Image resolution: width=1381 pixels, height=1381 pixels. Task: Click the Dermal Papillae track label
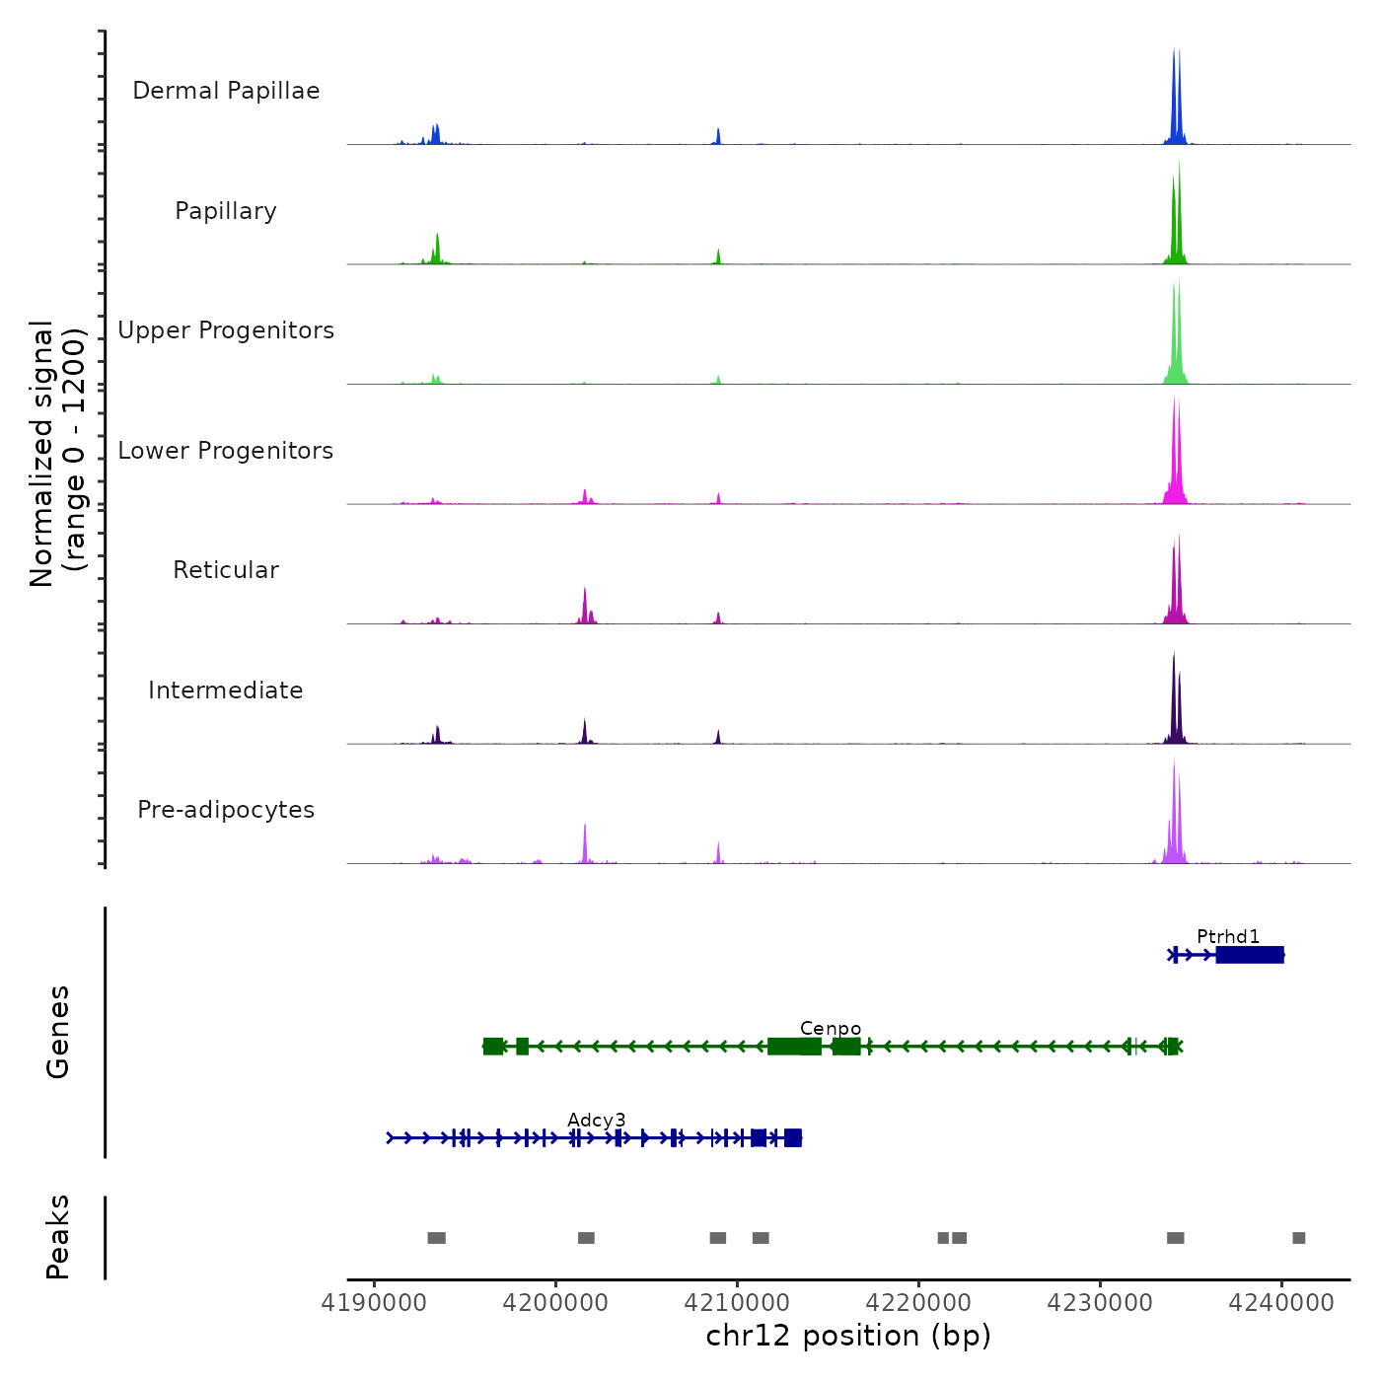tap(226, 91)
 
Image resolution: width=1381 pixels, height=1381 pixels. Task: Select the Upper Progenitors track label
tap(226, 330)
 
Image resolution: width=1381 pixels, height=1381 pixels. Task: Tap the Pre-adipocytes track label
tap(226, 810)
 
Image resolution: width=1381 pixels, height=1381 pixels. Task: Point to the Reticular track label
tap(226, 570)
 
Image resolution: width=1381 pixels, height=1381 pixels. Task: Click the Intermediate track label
tap(226, 690)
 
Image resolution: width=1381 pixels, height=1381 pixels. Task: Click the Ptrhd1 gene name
tap(1228, 936)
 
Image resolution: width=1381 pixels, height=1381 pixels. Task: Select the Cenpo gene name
tap(831, 1028)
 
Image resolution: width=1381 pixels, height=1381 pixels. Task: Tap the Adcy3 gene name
tap(597, 1120)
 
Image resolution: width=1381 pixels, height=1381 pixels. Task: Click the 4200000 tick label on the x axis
tap(555, 1303)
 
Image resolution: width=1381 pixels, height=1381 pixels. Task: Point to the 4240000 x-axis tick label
tap(1281, 1303)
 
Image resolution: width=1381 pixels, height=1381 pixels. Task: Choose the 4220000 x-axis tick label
tap(918, 1303)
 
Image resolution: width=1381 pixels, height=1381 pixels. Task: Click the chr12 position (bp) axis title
tap(848, 1336)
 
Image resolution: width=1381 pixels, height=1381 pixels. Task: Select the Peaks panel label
tap(58, 1237)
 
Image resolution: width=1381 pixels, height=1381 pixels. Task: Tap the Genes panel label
tap(58, 1032)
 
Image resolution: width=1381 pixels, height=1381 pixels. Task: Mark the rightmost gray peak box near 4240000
tap(1298, 1238)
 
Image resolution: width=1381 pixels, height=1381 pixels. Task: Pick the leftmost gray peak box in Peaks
tap(436, 1238)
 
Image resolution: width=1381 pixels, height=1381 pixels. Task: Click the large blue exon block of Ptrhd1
tap(1250, 955)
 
